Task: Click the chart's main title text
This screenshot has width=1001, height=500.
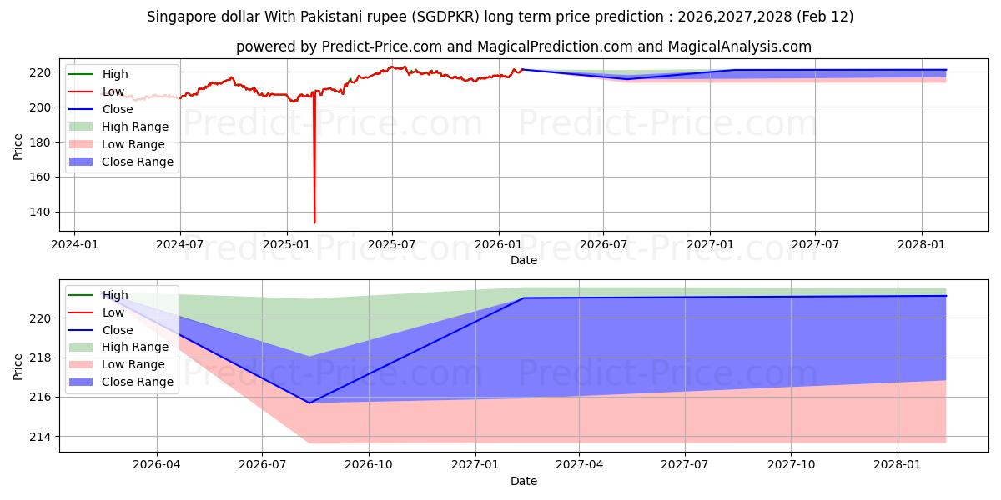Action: tap(500, 17)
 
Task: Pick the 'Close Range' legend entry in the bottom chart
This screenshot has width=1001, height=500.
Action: tap(138, 382)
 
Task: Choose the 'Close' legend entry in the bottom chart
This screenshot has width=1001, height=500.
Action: tap(118, 330)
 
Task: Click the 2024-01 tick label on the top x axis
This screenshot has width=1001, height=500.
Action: tap(75, 244)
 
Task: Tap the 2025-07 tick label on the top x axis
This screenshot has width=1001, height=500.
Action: tap(392, 244)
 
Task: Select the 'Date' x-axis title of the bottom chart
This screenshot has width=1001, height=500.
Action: tap(523, 481)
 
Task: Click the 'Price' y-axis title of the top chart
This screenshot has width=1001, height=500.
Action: tap(18, 145)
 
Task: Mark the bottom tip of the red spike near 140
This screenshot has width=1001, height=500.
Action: tap(314, 222)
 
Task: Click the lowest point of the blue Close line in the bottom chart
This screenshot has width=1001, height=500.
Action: tap(309, 402)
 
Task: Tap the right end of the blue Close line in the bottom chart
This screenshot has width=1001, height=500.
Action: tap(946, 296)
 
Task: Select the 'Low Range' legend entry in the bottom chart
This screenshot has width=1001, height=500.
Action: tap(133, 364)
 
